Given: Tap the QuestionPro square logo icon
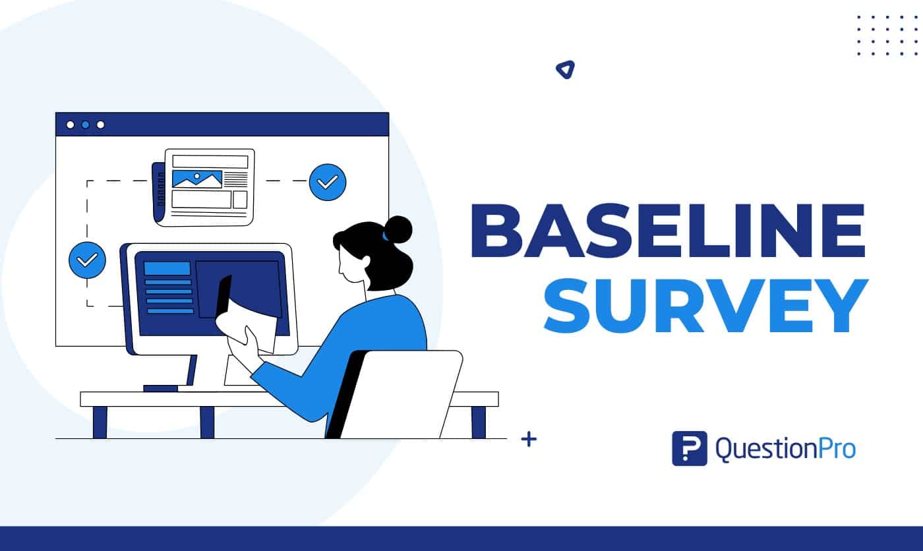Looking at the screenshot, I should pos(689,448).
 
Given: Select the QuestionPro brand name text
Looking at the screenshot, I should pos(785,449).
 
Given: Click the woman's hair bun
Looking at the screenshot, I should pos(398,229).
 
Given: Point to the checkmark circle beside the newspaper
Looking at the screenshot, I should pos(327,182).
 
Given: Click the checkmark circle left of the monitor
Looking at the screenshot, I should pos(87,260).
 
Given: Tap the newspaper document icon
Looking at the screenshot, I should pos(204,187).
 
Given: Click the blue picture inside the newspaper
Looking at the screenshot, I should pos(196,179).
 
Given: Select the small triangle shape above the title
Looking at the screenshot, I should pos(565,69).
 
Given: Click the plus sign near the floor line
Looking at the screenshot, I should pos(528,440).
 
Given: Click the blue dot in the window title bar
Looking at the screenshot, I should pos(85,125).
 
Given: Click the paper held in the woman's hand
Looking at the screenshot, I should pos(254,316).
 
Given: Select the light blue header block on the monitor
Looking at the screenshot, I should pos(167,268).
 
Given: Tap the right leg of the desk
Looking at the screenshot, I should pos(479,422).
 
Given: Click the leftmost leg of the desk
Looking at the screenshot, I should pos(100,422).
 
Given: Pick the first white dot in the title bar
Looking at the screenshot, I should pos(70,125).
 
